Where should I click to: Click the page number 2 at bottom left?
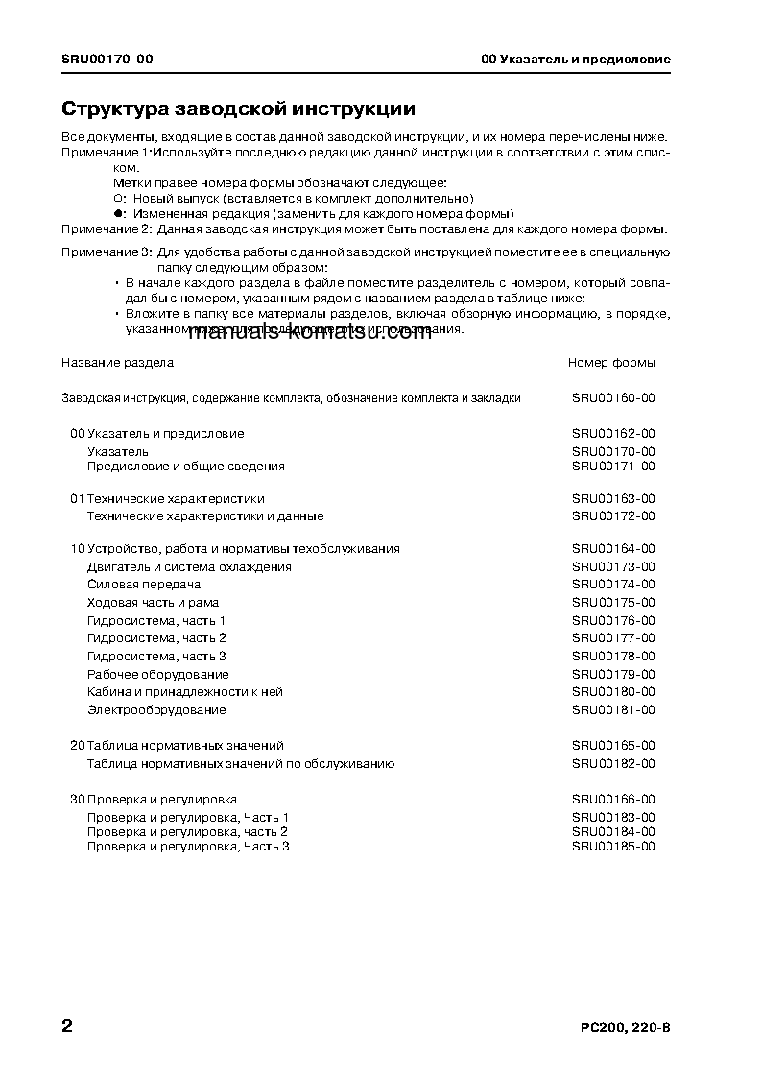[67, 1026]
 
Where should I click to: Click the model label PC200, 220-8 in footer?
[625, 1028]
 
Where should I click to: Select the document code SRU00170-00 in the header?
[107, 60]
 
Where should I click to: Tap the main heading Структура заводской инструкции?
[238, 108]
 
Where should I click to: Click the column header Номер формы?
[612, 363]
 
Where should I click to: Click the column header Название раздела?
[117, 363]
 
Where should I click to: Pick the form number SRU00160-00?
[613, 397]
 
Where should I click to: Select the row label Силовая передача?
[143, 584]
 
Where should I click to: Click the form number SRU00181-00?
[613, 709]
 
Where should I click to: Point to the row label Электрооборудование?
[156, 709]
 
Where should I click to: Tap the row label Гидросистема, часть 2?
[156, 637]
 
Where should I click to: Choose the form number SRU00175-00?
[613, 602]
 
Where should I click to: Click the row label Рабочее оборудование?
[157, 674]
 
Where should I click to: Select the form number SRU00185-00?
[613, 846]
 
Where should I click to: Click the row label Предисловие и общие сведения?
[185, 466]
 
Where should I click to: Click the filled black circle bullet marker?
[118, 213]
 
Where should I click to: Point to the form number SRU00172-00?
[613, 515]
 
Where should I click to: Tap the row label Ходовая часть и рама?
[153, 602]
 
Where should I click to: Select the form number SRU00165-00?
[613, 745]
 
